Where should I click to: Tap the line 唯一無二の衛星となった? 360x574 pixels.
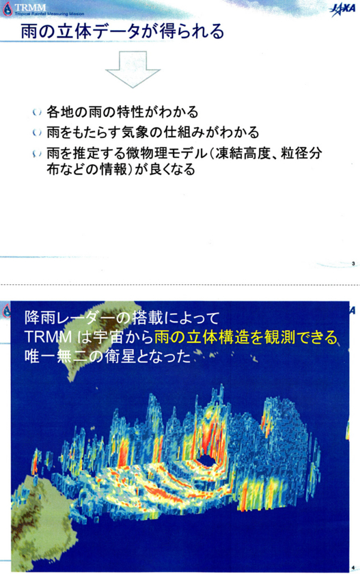pyautogui.click(x=106, y=356)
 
